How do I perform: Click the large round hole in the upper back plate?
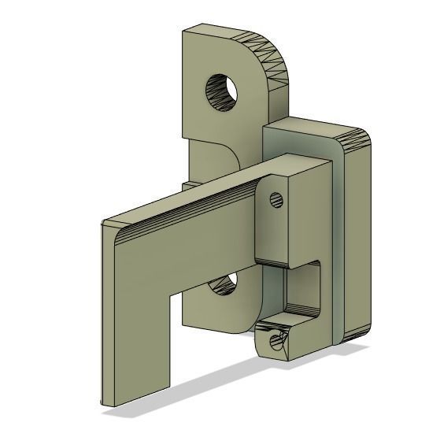coord(222,91)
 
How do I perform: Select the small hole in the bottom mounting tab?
coord(275,342)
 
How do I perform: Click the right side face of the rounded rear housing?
coord(358,236)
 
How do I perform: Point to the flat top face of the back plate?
coord(228,36)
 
